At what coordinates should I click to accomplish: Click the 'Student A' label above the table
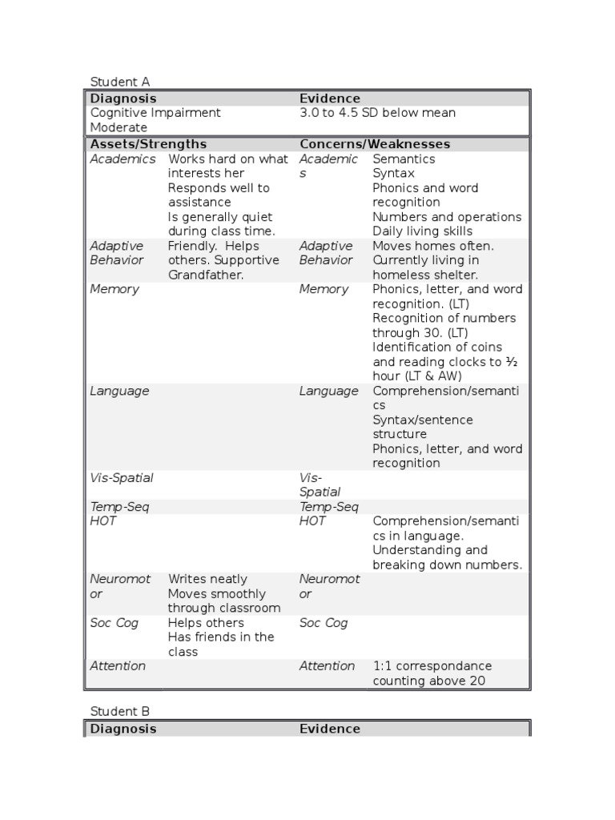point(119,82)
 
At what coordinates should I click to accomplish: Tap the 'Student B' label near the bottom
point(119,711)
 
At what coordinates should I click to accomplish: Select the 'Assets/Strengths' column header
point(148,144)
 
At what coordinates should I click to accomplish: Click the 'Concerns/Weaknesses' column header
point(375,144)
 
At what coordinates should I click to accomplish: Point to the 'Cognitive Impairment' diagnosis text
point(155,113)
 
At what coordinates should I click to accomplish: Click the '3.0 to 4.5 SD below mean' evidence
point(377,113)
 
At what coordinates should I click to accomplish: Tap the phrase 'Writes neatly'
point(207,579)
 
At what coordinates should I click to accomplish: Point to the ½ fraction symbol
point(512,361)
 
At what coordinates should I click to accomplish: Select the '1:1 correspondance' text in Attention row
point(432,666)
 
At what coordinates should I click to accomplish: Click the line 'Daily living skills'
point(422,231)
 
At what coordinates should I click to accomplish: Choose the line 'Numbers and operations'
point(447,217)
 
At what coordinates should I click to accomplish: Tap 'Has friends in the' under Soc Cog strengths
point(221,637)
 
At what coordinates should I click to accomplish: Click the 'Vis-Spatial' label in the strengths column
point(122,478)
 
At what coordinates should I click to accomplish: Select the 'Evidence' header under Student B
point(330,729)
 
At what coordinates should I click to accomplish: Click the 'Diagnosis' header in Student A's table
point(123,98)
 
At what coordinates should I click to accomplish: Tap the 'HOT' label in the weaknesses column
point(312,521)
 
